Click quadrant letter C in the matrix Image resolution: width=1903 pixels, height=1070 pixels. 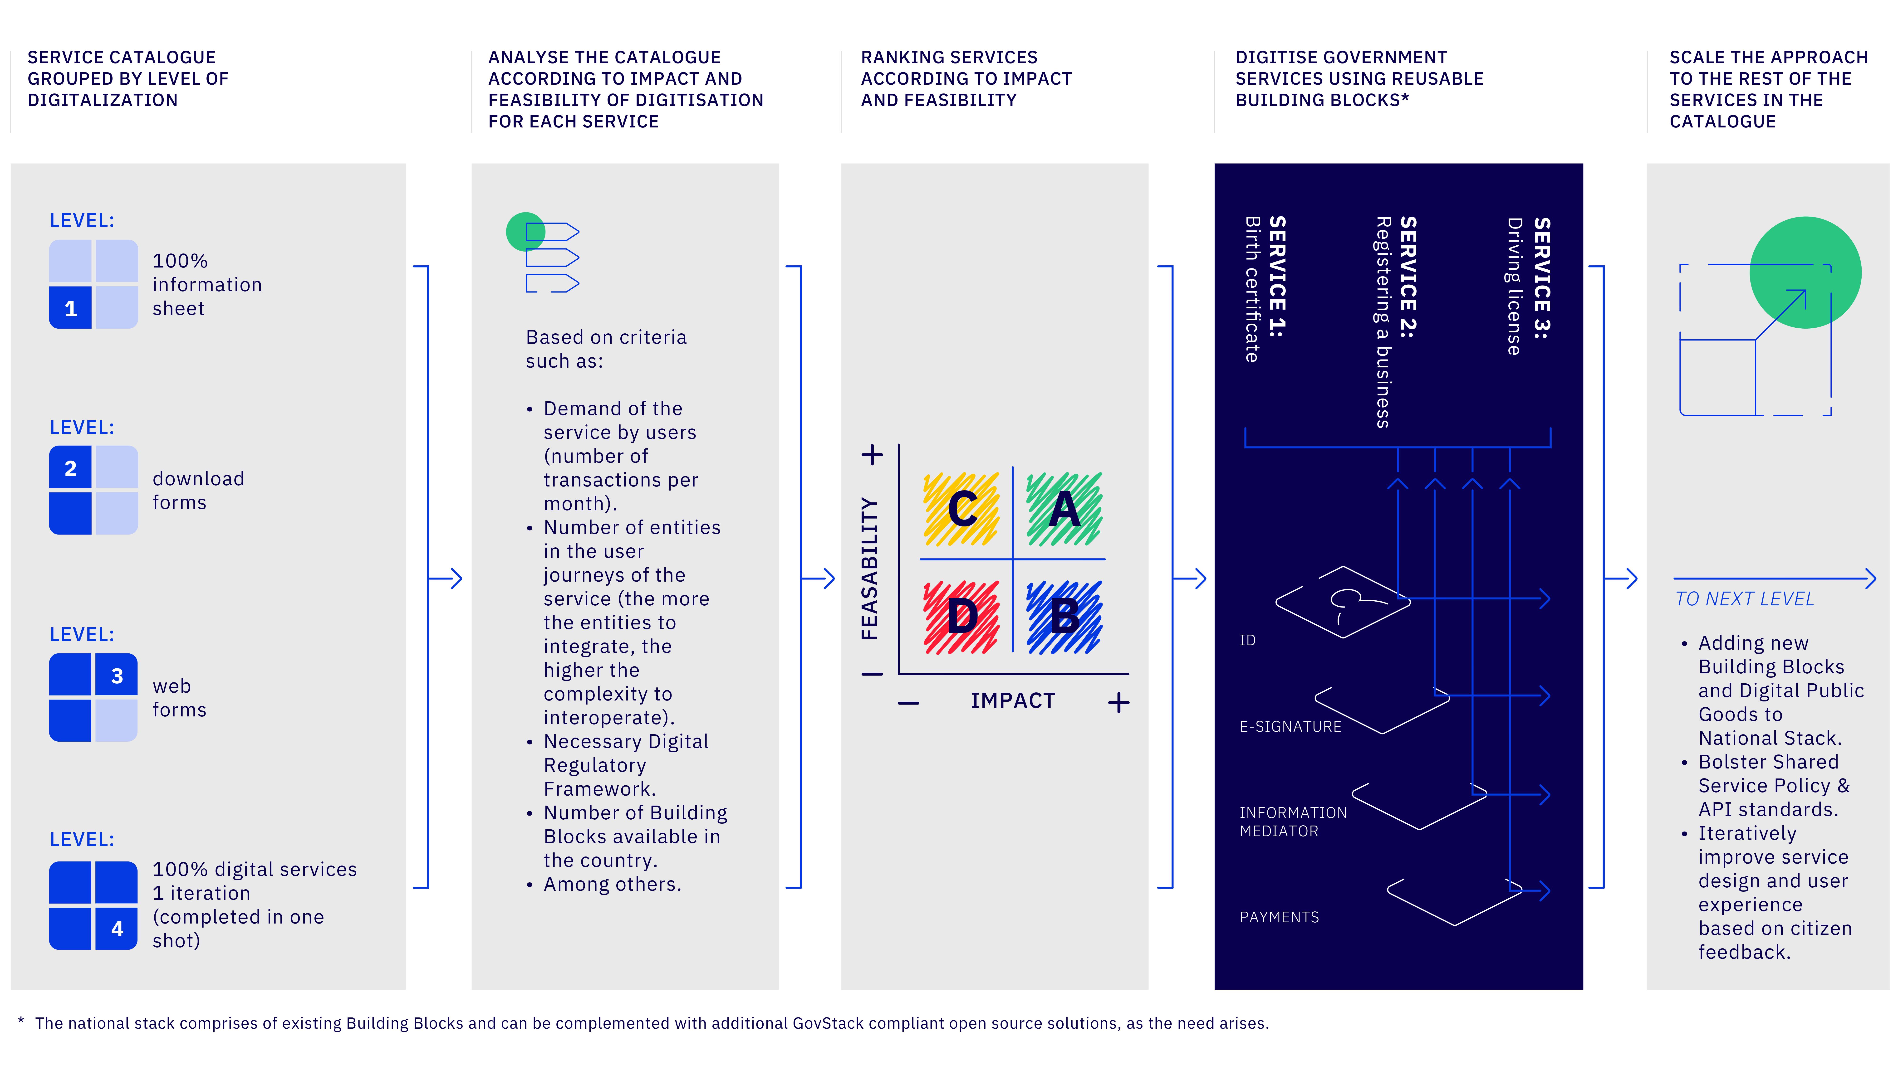(962, 510)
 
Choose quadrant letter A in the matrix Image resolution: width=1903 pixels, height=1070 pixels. (1064, 510)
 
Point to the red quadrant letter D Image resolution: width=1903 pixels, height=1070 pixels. (962, 617)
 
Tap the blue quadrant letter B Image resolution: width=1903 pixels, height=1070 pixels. (1064, 617)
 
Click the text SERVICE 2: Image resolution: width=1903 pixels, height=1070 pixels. (1408, 277)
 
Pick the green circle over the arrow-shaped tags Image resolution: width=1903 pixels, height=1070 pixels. (525, 232)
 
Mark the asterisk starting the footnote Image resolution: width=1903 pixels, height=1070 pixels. (21, 1021)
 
